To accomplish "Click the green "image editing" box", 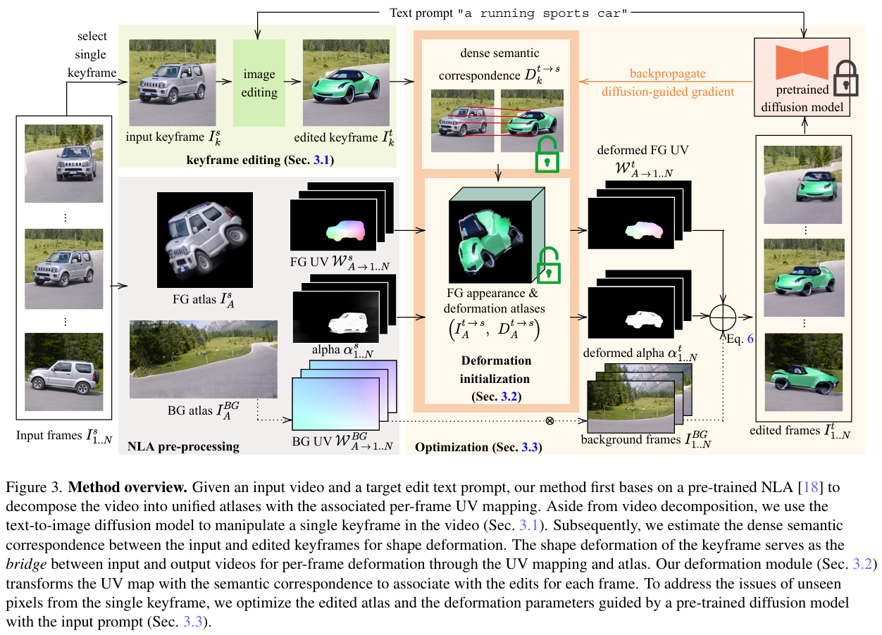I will [x=259, y=83].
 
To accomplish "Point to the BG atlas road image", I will [x=204, y=358].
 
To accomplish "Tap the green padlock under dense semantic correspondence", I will [x=547, y=155].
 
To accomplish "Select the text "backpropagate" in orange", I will [x=668, y=73].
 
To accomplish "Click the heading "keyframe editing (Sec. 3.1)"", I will [x=260, y=161].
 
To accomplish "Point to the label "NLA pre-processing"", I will [x=183, y=446].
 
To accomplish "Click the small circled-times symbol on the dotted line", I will [x=549, y=421].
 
